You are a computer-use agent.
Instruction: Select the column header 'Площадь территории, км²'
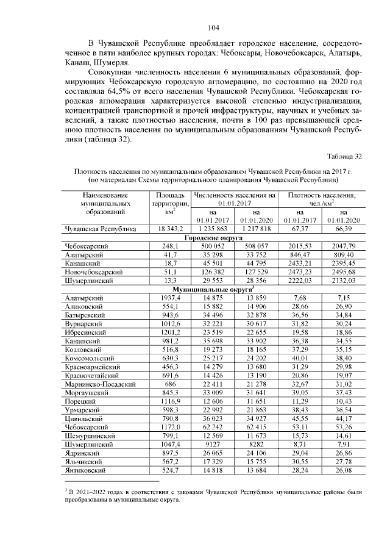166,203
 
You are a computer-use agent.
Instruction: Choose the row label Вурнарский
83,323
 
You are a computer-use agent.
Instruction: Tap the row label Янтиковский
85,470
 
